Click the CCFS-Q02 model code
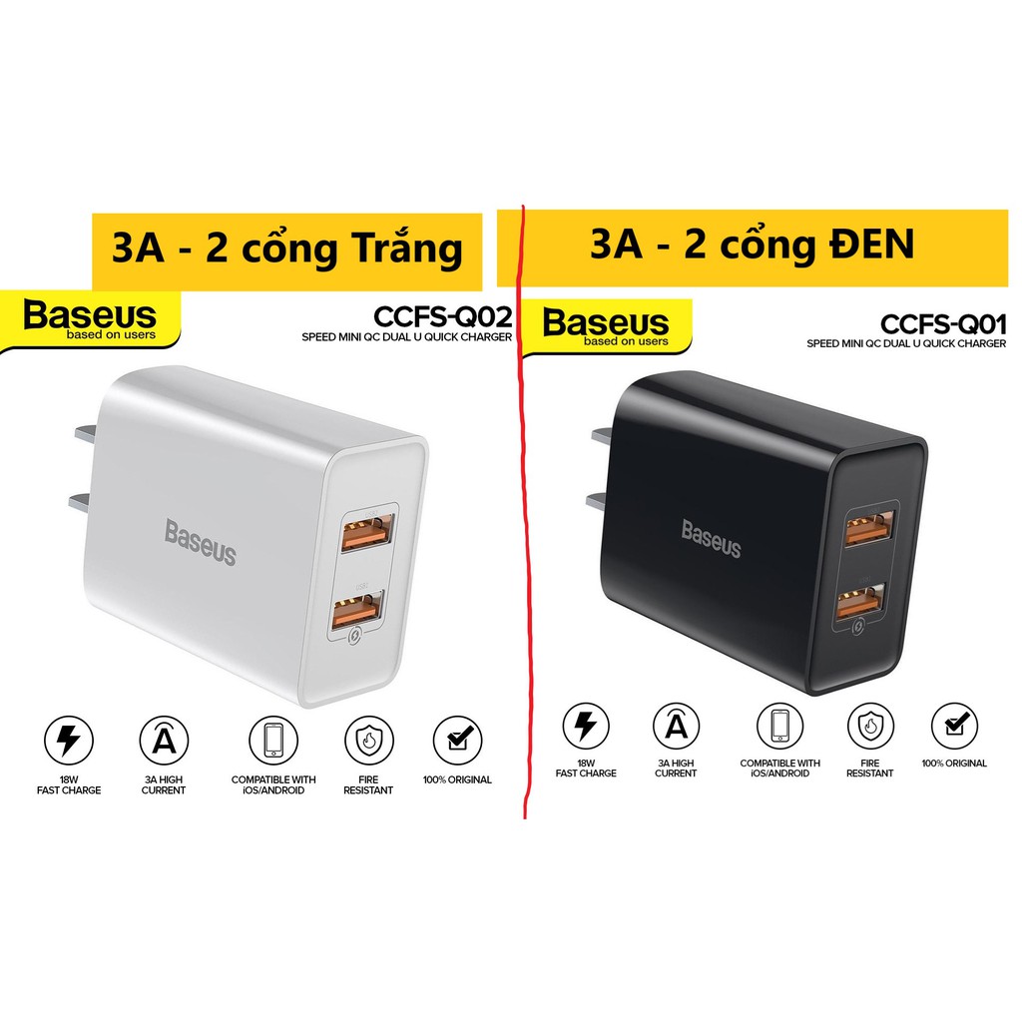[x=442, y=317]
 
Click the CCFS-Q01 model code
[x=943, y=324]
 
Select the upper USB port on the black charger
[x=870, y=528]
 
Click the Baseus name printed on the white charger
[x=201, y=541]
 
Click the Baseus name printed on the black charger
[x=712, y=537]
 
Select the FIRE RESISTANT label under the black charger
[x=869, y=767]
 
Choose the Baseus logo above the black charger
[x=606, y=324]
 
